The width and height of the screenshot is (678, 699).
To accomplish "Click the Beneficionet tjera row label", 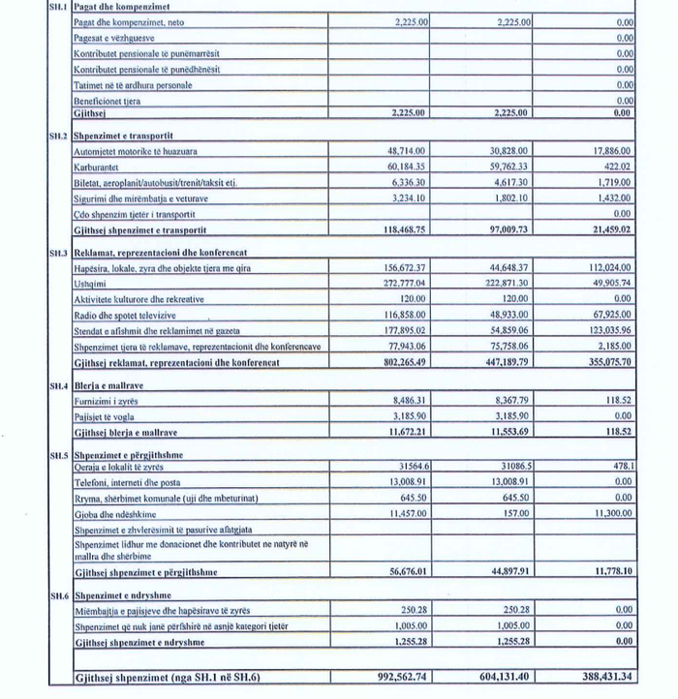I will [107, 100].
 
